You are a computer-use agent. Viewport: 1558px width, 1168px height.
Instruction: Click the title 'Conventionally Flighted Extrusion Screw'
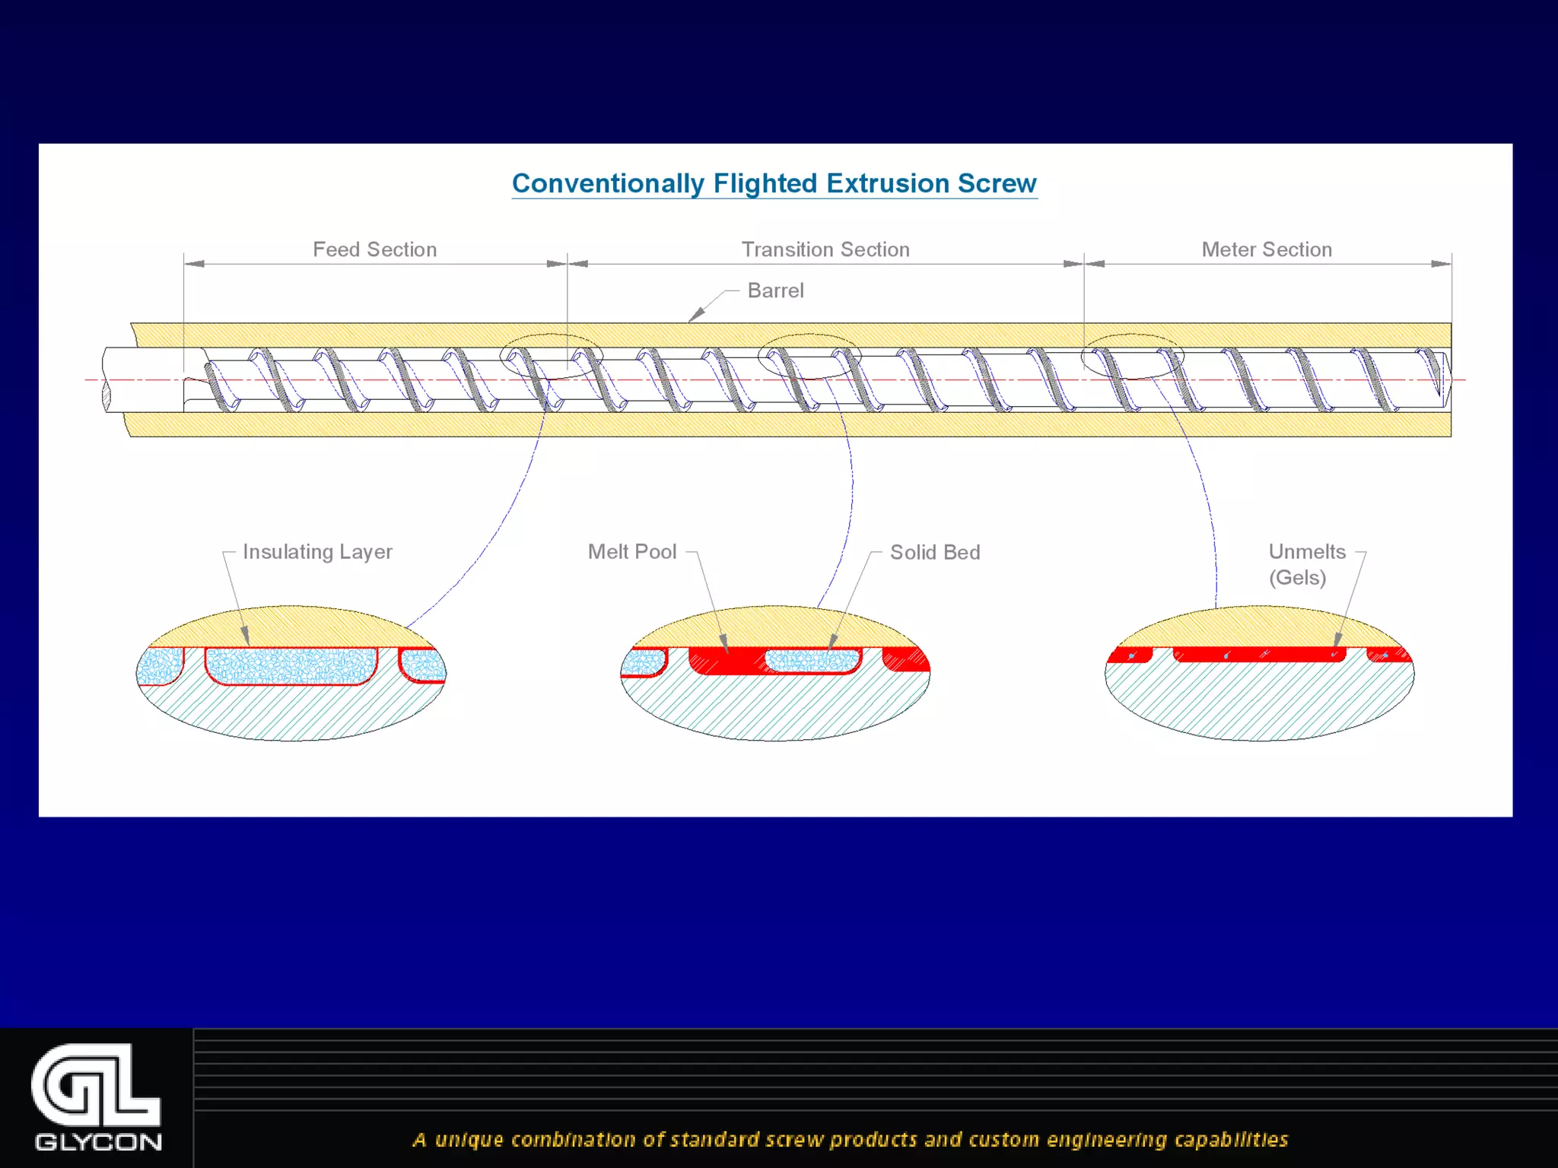click(x=774, y=183)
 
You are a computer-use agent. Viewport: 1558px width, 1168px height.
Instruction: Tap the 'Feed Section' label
click(x=374, y=249)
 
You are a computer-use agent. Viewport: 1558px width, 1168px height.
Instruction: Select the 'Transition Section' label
click(x=825, y=249)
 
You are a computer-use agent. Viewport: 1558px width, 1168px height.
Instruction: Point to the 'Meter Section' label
click(x=1267, y=249)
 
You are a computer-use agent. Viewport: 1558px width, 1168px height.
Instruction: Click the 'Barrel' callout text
click(x=775, y=290)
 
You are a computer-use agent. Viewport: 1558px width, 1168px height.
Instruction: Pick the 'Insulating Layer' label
click(x=317, y=551)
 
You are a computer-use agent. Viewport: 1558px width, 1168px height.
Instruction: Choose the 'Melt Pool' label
click(x=632, y=551)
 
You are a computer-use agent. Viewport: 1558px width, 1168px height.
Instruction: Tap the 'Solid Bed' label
click(x=935, y=552)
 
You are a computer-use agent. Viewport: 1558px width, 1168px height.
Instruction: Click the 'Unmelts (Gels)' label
click(x=1306, y=563)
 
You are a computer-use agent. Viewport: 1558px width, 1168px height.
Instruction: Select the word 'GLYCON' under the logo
click(x=98, y=1142)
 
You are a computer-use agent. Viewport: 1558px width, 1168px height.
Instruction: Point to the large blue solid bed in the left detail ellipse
click(x=291, y=665)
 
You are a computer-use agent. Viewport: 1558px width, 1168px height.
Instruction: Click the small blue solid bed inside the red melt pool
click(x=812, y=661)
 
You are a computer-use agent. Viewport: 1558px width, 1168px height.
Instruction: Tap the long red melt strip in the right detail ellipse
click(x=1259, y=654)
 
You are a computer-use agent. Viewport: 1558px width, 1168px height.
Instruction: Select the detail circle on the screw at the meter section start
click(x=1133, y=356)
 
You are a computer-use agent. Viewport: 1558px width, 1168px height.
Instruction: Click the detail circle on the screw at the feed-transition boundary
click(x=552, y=356)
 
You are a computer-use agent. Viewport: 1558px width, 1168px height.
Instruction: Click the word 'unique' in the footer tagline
click(x=469, y=1139)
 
